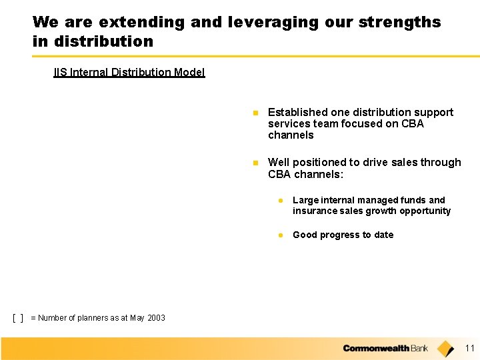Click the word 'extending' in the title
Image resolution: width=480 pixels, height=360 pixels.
(142, 23)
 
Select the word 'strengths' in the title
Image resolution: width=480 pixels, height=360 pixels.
(399, 23)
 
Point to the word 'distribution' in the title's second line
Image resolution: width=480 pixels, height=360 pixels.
(103, 41)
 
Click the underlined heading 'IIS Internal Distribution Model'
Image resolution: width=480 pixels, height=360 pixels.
(129, 72)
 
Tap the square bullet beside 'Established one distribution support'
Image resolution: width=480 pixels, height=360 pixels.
(255, 113)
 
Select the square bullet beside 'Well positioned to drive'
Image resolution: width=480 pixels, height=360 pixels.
(255, 163)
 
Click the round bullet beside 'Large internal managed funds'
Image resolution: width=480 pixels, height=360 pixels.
(281, 201)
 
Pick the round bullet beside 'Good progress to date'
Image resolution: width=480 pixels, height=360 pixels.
(281, 235)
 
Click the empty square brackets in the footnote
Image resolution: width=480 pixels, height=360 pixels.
(18, 318)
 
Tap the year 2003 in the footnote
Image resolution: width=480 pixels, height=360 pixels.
(156, 318)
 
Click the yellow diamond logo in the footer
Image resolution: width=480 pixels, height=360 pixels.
(445, 349)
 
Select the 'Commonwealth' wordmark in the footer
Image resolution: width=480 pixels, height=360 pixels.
(376, 349)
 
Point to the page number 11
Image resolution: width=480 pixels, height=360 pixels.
(469, 348)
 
